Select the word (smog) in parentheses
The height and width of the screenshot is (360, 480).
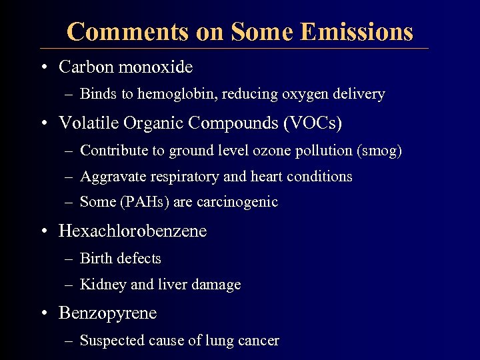click(x=380, y=151)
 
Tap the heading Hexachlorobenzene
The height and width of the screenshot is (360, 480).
click(x=133, y=231)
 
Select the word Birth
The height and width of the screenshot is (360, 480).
click(x=97, y=259)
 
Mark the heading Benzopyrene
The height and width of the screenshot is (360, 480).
click(x=108, y=313)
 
